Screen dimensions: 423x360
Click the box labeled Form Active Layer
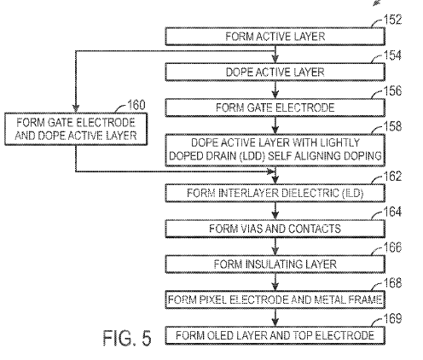pyautogui.click(x=275, y=37)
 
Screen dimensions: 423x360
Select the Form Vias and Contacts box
pyautogui.click(x=275, y=229)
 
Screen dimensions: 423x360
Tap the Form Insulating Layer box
pyautogui.click(x=275, y=264)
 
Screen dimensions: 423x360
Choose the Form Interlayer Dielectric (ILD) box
pyautogui.click(x=275, y=193)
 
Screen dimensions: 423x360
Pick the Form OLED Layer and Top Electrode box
pyautogui.click(x=275, y=335)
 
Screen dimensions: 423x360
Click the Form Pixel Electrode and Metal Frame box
pyautogui.click(x=275, y=299)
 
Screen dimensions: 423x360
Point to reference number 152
pyautogui.click(x=392, y=20)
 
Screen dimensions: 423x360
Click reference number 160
pyautogui.click(x=136, y=105)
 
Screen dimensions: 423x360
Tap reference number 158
pyautogui.click(x=392, y=126)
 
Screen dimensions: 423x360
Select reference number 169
pyautogui.click(x=392, y=318)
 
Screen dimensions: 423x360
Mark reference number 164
pyautogui.click(x=392, y=212)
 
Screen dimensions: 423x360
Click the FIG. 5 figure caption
pyautogui.click(x=127, y=338)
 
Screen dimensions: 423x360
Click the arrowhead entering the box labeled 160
pyautogui.click(x=76, y=108)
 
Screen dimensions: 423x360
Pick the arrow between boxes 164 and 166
pyautogui.click(x=275, y=247)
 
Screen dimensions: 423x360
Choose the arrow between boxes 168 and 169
pyautogui.click(x=275, y=317)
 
